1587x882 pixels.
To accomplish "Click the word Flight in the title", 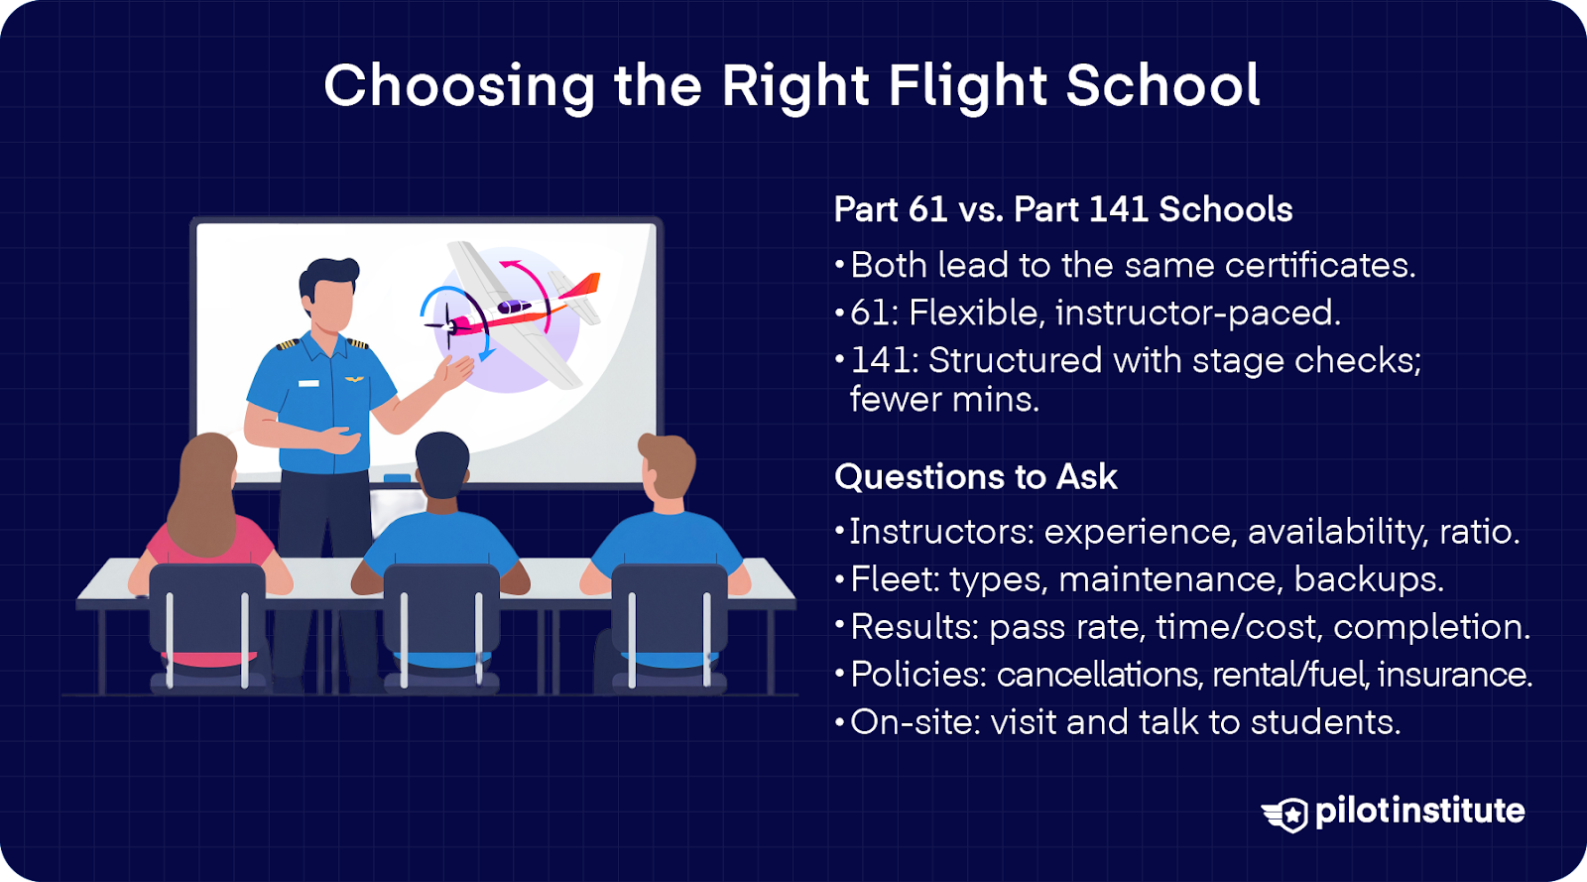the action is pos(967,86).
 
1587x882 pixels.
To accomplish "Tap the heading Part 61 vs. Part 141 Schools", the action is pos(1062,209).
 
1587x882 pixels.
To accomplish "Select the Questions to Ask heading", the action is pos(976,477).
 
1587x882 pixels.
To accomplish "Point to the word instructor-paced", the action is pos(1198,313).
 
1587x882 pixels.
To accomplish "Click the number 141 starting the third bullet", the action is pos(879,360).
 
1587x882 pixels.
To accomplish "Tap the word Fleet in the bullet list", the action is pos(895,579).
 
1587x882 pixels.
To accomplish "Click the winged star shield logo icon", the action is pos(1285,814).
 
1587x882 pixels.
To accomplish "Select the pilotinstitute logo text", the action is pos(1419,812).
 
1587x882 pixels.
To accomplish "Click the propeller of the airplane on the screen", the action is pos(447,325).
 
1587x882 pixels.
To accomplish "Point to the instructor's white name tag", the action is pos(308,383).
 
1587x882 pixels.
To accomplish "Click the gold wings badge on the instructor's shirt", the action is pos(354,380).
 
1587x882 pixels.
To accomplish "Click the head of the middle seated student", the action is pos(442,464).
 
